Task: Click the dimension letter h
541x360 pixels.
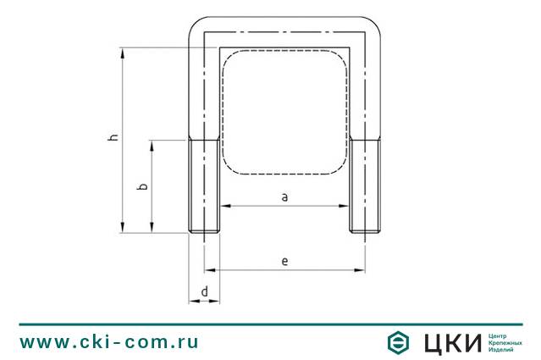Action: point(113,137)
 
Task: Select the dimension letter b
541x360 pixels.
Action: point(142,186)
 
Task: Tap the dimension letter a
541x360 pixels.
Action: point(284,197)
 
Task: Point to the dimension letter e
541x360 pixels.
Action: point(284,261)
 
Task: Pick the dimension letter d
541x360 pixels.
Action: point(205,291)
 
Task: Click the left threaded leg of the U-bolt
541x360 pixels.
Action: point(204,186)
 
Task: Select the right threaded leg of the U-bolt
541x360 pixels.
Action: point(366,186)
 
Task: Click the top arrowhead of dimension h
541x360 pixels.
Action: point(122,53)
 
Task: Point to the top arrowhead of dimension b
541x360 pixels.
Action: point(152,146)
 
